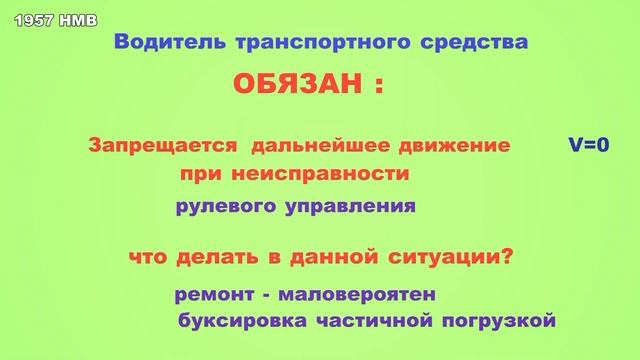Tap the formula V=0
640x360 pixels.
[x=589, y=146]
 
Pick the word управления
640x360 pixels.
[x=342, y=209]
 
